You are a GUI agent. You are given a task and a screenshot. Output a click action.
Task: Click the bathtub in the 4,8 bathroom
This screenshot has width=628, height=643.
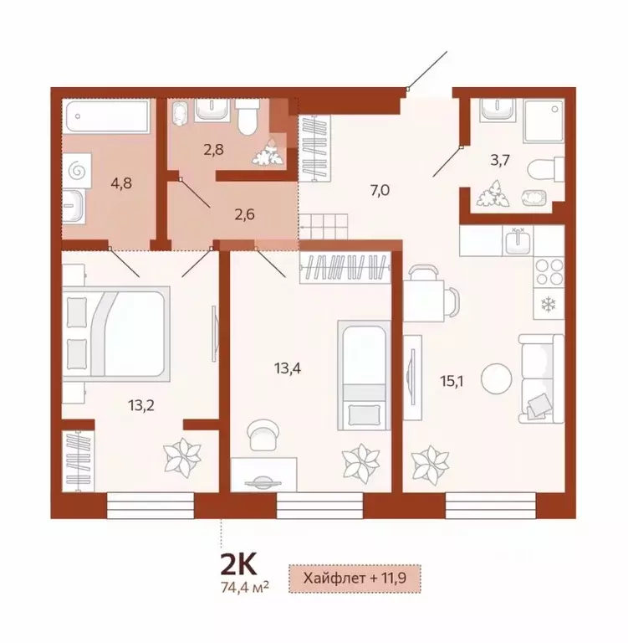107,111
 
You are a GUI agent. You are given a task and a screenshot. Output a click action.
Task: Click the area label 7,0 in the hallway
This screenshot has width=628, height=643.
380,190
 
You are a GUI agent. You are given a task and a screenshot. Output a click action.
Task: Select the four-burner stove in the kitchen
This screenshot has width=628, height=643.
549,273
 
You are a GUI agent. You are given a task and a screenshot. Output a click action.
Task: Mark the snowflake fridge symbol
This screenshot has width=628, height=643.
549,303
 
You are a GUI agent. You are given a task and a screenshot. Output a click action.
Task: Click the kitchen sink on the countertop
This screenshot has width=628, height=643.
518,242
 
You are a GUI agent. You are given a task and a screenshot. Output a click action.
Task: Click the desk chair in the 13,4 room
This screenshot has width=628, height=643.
265,433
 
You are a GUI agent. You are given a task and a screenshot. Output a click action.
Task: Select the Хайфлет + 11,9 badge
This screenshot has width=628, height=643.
353,578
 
